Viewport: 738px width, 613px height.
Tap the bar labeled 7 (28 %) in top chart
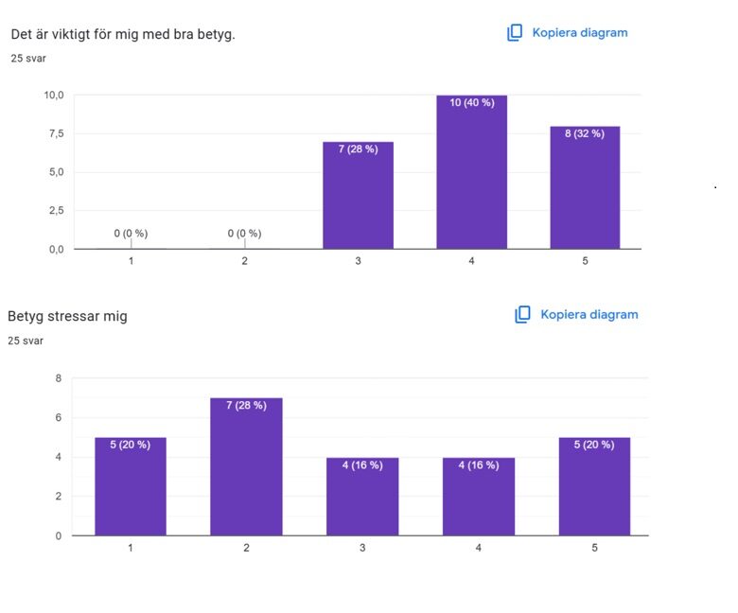point(358,196)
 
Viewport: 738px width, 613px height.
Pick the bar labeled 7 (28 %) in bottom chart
point(246,466)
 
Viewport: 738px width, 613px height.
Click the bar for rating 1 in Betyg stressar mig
point(131,486)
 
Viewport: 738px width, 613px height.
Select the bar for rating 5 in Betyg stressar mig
point(594,486)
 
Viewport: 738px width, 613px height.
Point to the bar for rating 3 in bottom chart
point(362,497)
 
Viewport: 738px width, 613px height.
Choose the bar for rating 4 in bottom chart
point(478,497)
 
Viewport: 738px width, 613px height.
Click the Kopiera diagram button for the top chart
point(568,32)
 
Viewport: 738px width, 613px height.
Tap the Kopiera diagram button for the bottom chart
point(576,314)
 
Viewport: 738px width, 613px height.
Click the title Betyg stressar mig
point(67,316)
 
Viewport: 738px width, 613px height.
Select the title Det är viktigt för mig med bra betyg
point(123,34)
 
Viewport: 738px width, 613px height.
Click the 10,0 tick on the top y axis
point(53,95)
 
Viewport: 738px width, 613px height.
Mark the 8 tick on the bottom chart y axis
point(58,378)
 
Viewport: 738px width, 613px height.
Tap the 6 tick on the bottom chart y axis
point(58,417)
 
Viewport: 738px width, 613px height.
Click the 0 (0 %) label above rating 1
point(131,233)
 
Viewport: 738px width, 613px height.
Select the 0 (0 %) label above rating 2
point(244,233)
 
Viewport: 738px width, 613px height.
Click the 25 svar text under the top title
point(28,59)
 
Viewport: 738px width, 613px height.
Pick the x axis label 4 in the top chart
point(471,261)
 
